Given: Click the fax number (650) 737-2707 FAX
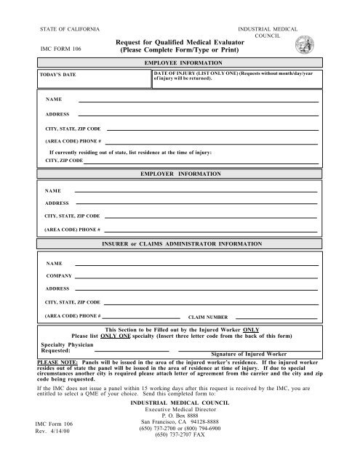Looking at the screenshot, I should (x=180, y=446).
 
